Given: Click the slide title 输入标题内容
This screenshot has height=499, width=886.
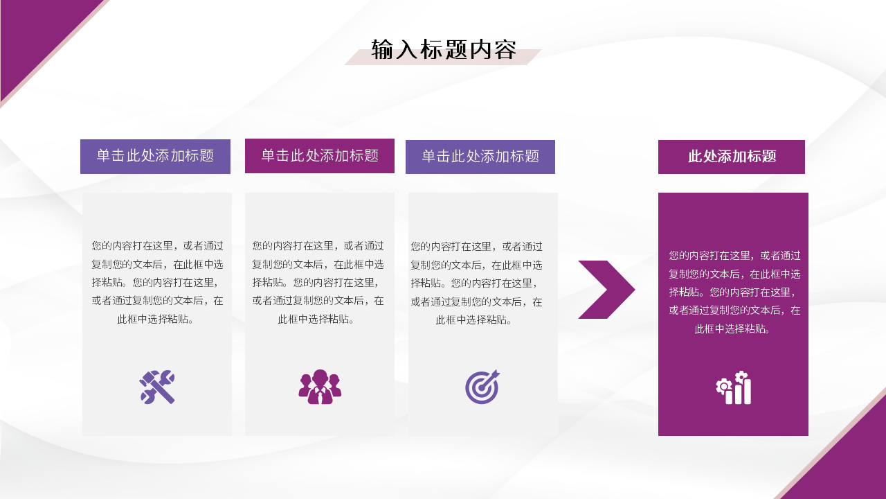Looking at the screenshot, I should (x=444, y=50).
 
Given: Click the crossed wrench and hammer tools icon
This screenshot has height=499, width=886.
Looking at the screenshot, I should (x=157, y=387).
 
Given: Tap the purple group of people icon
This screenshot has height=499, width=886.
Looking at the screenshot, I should (x=320, y=387).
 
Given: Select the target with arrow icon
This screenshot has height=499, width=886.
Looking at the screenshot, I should (x=482, y=387).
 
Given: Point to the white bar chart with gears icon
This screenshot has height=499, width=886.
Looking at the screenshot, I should (x=734, y=387).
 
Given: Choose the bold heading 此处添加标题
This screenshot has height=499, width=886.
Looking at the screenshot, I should (x=732, y=157).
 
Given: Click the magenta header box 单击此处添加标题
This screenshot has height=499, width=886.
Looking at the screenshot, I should (x=320, y=156).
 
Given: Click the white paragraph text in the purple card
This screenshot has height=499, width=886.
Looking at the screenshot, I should (x=734, y=292).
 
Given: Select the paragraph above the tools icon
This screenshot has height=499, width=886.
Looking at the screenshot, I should (x=157, y=282).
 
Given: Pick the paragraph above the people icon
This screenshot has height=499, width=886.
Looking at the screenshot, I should (x=318, y=282).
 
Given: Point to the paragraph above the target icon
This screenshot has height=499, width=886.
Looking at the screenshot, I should (x=476, y=282).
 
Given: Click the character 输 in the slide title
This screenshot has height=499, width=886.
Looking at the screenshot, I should (x=382, y=50).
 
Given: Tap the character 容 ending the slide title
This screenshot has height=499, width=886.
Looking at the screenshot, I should (x=506, y=50).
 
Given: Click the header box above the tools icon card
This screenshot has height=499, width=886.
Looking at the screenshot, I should (x=155, y=157).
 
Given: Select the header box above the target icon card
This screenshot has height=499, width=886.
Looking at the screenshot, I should (x=480, y=157).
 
